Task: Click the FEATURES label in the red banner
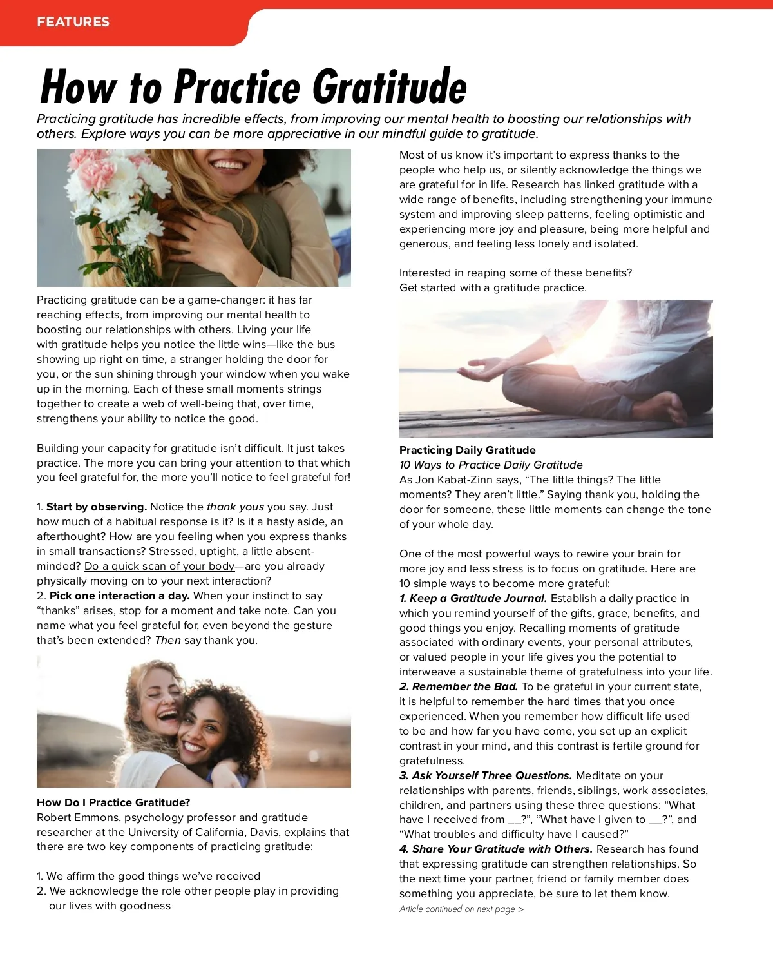(x=73, y=22)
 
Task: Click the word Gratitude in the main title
(x=389, y=87)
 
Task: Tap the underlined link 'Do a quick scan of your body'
(x=159, y=567)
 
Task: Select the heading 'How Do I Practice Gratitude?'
(x=113, y=802)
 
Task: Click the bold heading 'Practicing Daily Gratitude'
(x=467, y=450)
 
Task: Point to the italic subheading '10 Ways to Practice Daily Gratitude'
(x=491, y=465)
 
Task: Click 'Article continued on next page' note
(x=461, y=909)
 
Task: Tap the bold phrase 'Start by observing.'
(x=97, y=507)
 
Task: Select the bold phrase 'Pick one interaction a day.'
(x=119, y=596)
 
